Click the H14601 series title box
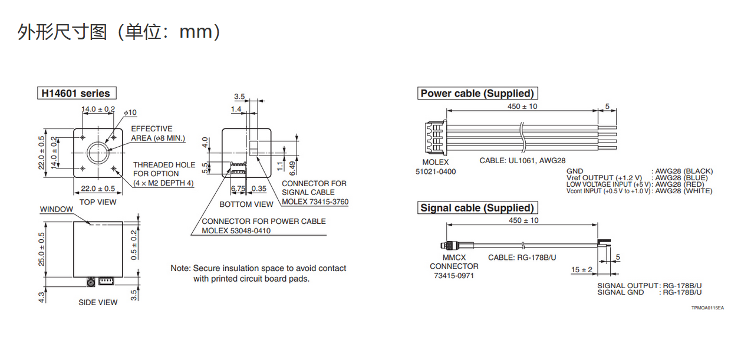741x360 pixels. [77, 93]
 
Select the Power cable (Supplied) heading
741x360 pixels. [477, 93]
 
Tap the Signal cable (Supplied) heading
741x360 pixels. [477, 207]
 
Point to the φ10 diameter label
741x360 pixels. [130, 113]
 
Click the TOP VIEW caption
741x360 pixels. [98, 202]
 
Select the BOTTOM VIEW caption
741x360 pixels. [246, 204]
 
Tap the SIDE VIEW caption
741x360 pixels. [98, 302]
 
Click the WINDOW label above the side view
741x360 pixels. [56, 209]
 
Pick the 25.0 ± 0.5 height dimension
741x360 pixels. [41, 249]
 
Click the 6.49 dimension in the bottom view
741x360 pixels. [292, 169]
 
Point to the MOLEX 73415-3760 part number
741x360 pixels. [315, 202]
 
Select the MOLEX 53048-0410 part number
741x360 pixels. [236, 231]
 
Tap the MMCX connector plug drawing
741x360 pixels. [457, 246]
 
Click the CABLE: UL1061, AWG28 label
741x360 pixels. [523, 161]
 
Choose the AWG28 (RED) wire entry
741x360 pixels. [680, 184]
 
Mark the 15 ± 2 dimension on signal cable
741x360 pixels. [582, 270]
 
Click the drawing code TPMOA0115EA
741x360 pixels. [707, 308]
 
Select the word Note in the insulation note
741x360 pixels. [180, 268]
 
